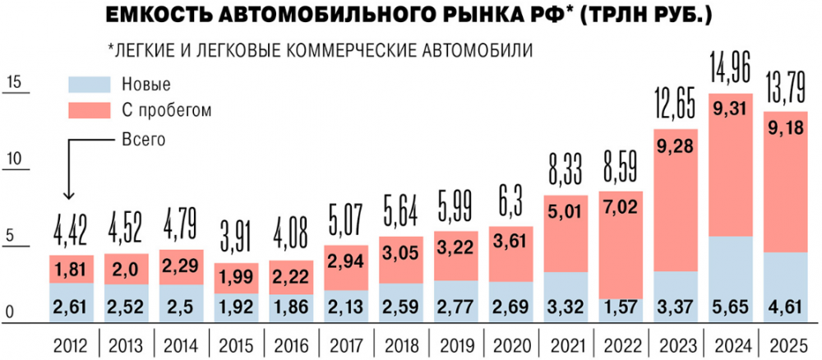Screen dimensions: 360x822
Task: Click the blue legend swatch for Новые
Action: (90, 84)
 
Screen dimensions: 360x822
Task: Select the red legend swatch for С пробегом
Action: (90, 109)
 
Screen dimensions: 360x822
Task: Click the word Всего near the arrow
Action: (144, 139)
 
